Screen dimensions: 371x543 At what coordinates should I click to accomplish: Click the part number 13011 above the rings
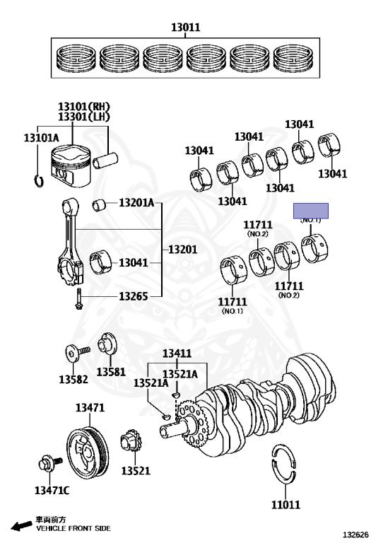(x=185, y=27)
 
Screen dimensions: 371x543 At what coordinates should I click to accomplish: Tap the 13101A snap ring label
(x=41, y=138)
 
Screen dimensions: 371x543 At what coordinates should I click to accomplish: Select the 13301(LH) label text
(x=84, y=117)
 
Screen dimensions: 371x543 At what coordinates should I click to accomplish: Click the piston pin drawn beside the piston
(x=105, y=160)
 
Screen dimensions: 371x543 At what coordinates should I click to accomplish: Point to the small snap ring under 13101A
(x=39, y=181)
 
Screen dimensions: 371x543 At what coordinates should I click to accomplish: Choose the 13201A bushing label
(x=136, y=203)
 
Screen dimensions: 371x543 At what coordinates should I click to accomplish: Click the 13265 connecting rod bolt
(x=78, y=299)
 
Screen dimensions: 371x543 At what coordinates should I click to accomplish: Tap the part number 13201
(x=183, y=250)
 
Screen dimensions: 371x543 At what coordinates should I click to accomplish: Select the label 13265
(x=134, y=296)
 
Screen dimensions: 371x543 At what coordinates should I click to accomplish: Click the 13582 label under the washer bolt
(x=73, y=379)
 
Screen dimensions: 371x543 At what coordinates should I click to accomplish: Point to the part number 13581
(x=111, y=372)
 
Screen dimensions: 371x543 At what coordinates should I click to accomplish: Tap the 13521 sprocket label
(x=136, y=471)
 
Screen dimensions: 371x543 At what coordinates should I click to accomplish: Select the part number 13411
(x=177, y=354)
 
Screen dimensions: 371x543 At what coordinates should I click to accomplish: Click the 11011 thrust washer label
(x=286, y=505)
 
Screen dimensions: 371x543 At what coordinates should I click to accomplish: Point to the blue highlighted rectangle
(x=311, y=211)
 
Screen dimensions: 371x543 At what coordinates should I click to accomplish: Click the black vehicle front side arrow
(x=21, y=526)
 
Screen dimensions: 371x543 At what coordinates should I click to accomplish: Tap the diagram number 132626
(x=355, y=535)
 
